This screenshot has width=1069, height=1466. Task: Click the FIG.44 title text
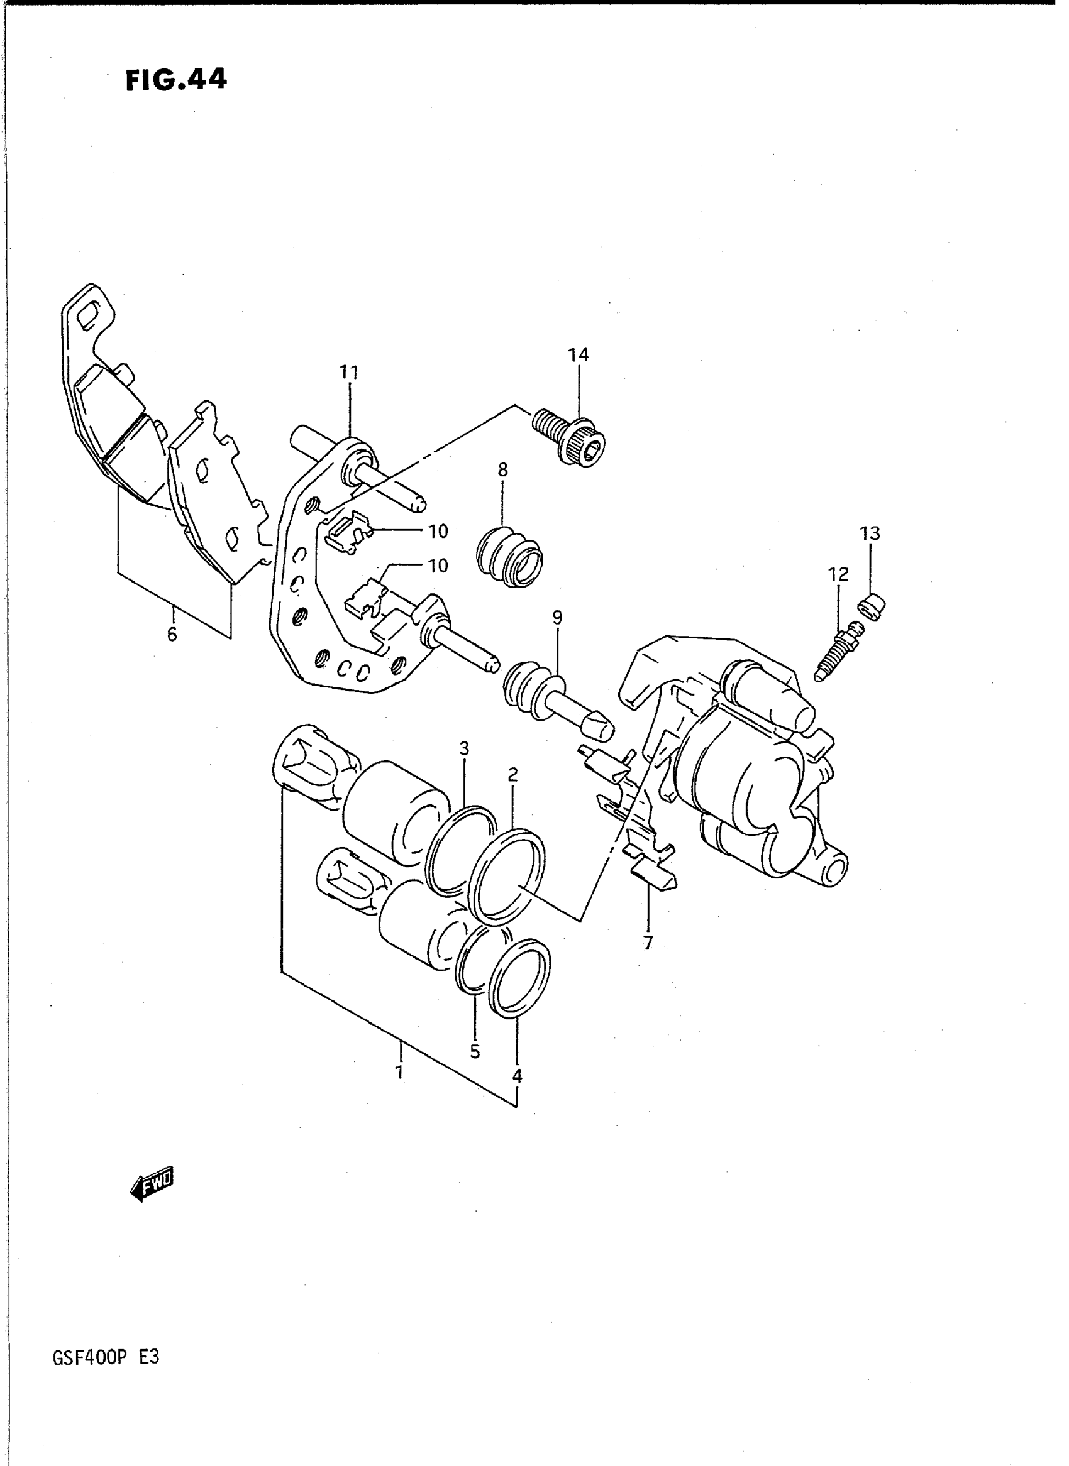click(x=176, y=80)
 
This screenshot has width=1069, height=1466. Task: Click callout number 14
click(x=579, y=355)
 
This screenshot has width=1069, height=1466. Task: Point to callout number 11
click(x=350, y=373)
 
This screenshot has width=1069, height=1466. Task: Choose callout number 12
click(x=838, y=574)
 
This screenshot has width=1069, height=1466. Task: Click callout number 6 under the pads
click(x=172, y=635)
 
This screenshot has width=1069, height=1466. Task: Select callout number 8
click(x=503, y=470)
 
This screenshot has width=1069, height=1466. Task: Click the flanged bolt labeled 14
click(x=570, y=437)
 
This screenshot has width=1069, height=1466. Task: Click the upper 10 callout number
click(x=438, y=531)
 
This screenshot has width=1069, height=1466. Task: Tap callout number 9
click(x=558, y=618)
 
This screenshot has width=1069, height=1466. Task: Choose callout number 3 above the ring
click(x=464, y=749)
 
